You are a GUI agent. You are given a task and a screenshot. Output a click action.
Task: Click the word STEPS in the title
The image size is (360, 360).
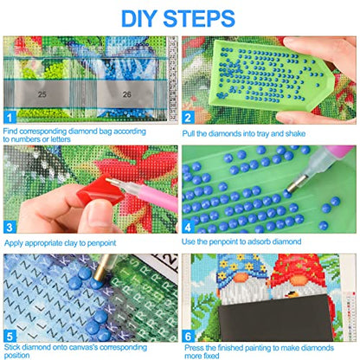[199, 18]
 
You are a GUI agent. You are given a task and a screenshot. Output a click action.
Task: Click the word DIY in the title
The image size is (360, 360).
[138, 18]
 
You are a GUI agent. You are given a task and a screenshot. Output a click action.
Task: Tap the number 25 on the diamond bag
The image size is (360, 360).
[42, 94]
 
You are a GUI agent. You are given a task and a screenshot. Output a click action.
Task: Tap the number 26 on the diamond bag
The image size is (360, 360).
[126, 94]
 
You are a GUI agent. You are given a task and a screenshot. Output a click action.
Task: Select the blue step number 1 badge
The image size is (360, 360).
[10, 118]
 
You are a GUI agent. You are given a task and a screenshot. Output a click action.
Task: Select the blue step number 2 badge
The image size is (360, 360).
[188, 118]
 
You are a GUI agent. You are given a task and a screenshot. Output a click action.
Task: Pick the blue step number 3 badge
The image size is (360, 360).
[10, 227]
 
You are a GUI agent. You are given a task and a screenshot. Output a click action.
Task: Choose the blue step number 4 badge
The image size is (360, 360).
[188, 227]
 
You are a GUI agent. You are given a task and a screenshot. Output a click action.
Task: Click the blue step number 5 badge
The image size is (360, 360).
[10, 337]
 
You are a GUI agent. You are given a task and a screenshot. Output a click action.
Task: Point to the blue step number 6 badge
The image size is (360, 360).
[188, 337]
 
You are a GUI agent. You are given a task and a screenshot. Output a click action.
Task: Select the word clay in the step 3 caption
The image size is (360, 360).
[71, 243]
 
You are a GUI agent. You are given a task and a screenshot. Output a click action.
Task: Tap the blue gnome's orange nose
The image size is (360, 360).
[241, 278]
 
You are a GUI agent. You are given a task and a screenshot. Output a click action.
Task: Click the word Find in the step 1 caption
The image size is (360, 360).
[10, 132]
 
